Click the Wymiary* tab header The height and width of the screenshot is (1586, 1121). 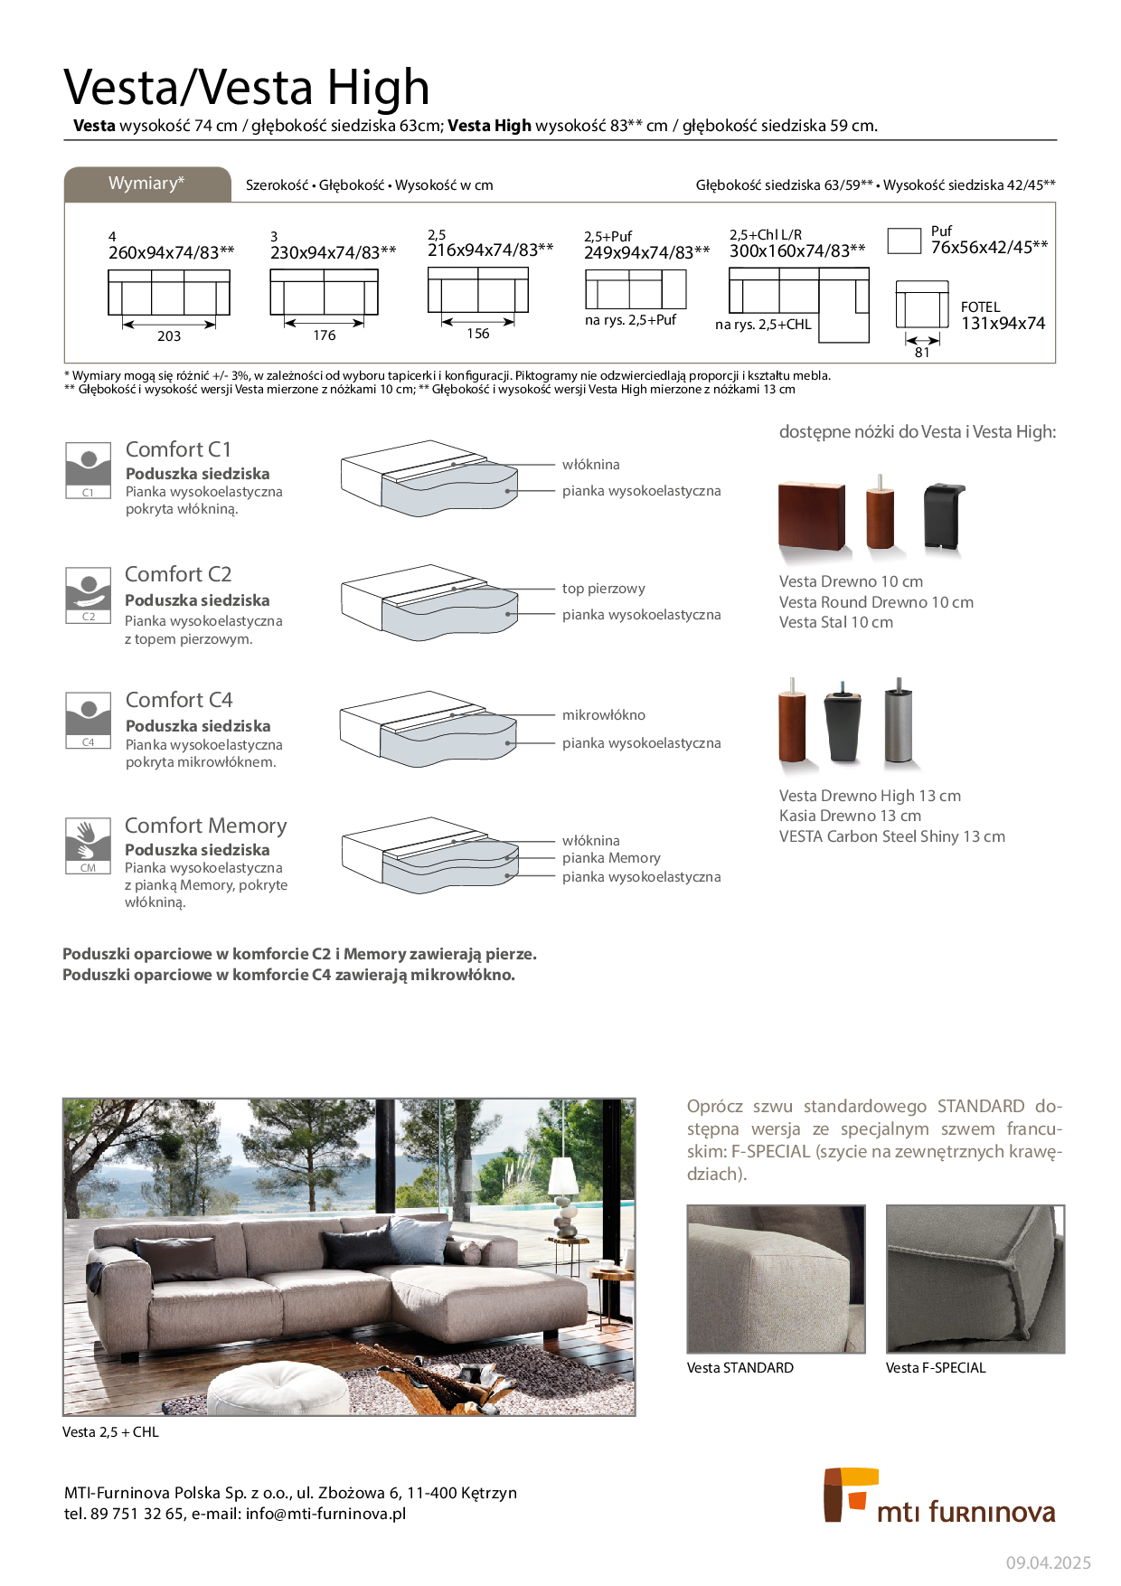146,184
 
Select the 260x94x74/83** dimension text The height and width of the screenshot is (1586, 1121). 171,252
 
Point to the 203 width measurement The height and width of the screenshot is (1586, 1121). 169,336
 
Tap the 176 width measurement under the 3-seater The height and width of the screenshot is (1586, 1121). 324,335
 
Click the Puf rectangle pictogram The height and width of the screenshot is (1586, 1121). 903,241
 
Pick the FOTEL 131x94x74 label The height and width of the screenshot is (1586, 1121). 1003,316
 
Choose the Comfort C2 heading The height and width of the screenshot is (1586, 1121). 178,574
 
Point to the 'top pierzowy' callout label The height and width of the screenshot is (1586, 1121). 603,589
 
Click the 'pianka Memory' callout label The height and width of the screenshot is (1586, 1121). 611,858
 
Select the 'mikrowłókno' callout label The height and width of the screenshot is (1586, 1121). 603,715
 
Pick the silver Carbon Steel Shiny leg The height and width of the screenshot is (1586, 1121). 899,724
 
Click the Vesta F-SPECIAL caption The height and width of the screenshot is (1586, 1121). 936,1368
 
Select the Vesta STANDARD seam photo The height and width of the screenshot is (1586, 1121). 776,1279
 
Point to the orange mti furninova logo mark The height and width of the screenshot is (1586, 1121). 847,1494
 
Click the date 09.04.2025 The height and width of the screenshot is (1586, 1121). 1048,1562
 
